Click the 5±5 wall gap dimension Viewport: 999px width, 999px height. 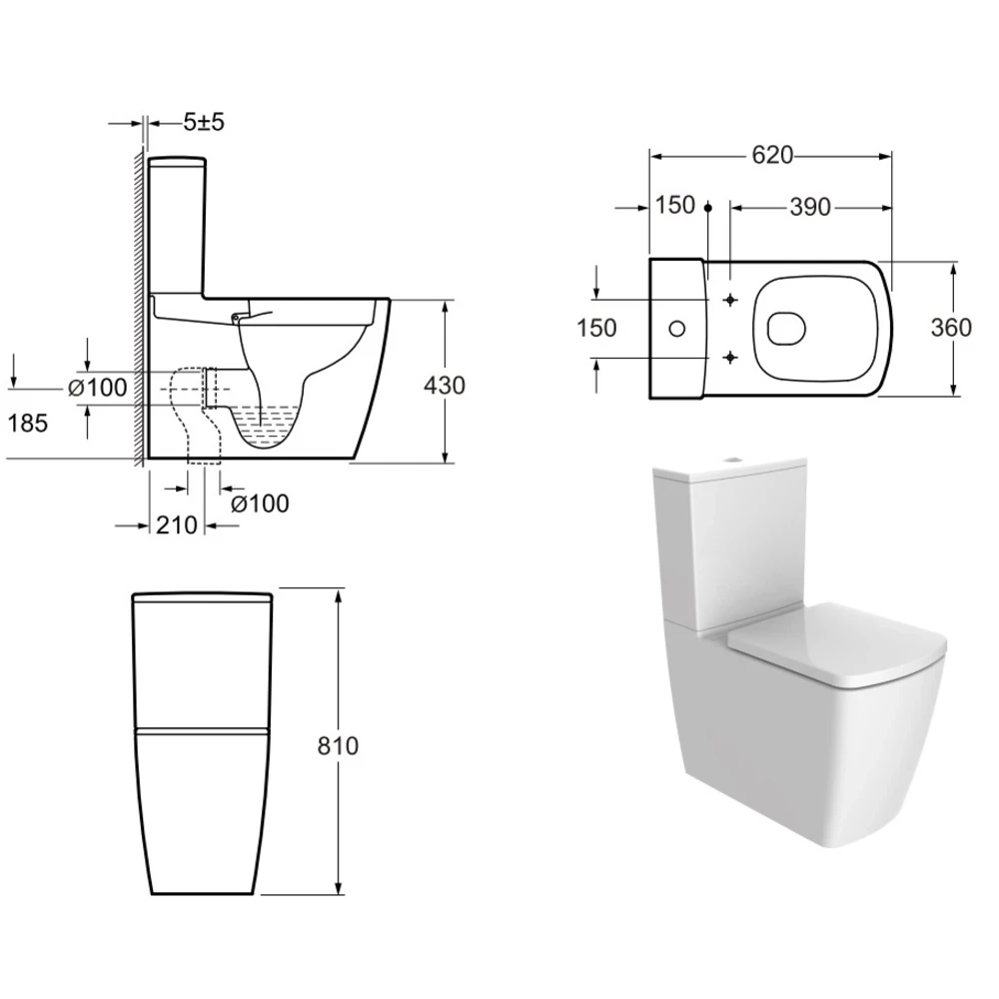[204, 122]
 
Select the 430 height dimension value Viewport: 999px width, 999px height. [445, 386]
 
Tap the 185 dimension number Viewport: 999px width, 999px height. [28, 423]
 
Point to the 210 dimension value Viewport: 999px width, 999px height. [177, 525]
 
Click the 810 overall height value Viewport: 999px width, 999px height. [338, 745]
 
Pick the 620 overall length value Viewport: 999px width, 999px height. [772, 155]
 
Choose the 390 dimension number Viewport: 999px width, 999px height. [810, 207]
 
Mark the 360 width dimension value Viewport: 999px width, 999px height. [951, 328]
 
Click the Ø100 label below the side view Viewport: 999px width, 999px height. [260, 503]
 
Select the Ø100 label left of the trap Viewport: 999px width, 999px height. [98, 388]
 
